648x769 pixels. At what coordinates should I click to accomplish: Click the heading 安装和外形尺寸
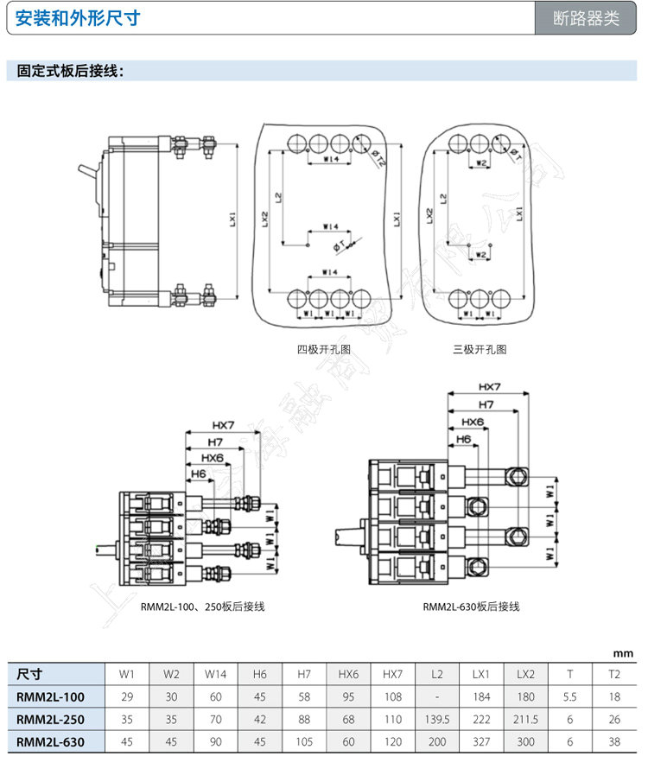(77, 18)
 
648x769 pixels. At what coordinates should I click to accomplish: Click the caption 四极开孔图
(324, 350)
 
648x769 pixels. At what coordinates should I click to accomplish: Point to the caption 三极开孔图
(480, 350)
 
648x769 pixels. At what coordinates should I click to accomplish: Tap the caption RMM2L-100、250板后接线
(202, 607)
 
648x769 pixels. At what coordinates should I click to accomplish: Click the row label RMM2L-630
(50, 740)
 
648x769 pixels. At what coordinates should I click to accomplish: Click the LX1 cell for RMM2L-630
(480, 740)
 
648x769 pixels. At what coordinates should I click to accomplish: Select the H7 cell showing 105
(304, 740)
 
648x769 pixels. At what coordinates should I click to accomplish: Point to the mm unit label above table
(623, 653)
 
